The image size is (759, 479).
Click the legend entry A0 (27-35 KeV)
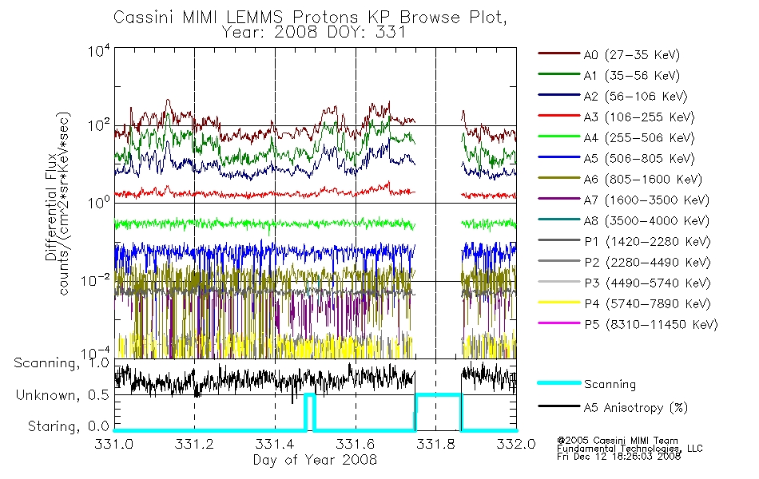tap(632, 54)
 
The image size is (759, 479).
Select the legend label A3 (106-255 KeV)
tap(639, 117)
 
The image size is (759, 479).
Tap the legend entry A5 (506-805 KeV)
tap(639, 159)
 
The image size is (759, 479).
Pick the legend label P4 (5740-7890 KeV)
tap(647, 304)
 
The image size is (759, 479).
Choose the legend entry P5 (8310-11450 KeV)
tap(650, 325)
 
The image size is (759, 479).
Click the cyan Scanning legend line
tap(559, 383)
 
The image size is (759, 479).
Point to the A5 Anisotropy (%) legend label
tap(636, 408)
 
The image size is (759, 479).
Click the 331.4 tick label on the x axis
tap(275, 444)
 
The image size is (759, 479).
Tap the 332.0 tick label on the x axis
tap(516, 444)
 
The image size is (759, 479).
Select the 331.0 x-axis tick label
tap(113, 444)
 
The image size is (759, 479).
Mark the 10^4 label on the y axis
tap(99, 50)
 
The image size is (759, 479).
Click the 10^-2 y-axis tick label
tap(95, 280)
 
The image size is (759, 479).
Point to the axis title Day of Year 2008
tap(315, 460)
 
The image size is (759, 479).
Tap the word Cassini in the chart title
tap(145, 18)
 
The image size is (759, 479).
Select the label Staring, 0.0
tap(69, 426)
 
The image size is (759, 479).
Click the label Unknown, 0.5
tap(62, 395)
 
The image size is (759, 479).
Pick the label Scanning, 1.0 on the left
tap(62, 363)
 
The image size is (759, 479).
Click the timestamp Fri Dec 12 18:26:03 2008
tap(618, 456)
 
